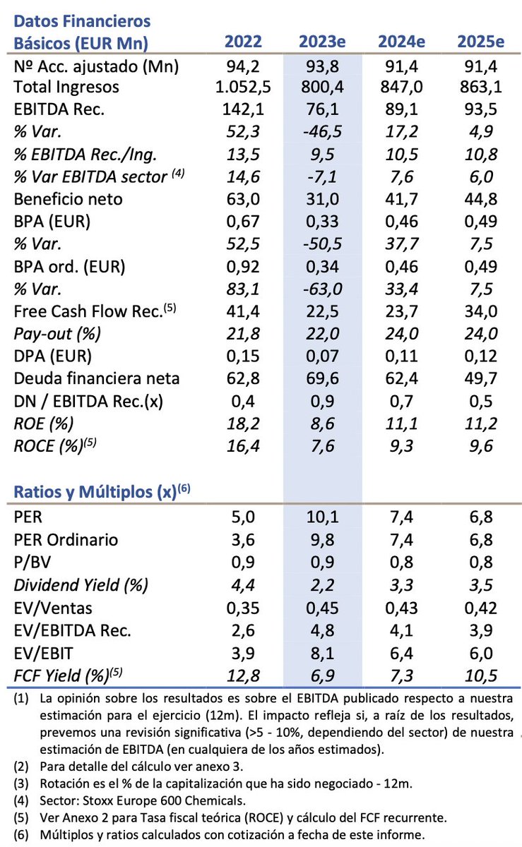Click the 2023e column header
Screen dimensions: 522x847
[x=322, y=42]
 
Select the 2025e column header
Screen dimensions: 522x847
[x=481, y=42]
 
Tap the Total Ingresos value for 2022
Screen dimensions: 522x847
[x=243, y=88]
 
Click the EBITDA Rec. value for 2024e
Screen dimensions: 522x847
[x=402, y=109]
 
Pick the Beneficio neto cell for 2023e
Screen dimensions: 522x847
[x=323, y=199]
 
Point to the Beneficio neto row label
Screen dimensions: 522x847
[x=68, y=199]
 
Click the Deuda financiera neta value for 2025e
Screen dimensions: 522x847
[x=481, y=378]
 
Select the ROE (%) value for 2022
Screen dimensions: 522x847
[x=243, y=423]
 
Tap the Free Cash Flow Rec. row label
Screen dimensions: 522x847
[x=95, y=311]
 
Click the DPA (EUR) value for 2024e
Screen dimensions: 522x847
[x=402, y=356]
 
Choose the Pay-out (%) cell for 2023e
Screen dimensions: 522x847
[x=323, y=334]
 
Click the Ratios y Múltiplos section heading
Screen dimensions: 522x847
[x=102, y=491]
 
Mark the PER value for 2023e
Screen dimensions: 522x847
[x=323, y=517]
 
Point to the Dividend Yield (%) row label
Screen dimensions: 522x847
[x=81, y=585]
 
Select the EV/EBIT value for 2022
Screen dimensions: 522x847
[x=243, y=654]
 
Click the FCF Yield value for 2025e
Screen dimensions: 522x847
[x=481, y=675]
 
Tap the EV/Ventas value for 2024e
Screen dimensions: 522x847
[x=402, y=608]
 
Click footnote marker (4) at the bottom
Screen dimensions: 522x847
[x=21, y=801]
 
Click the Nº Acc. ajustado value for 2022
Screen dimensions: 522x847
[x=243, y=66]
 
